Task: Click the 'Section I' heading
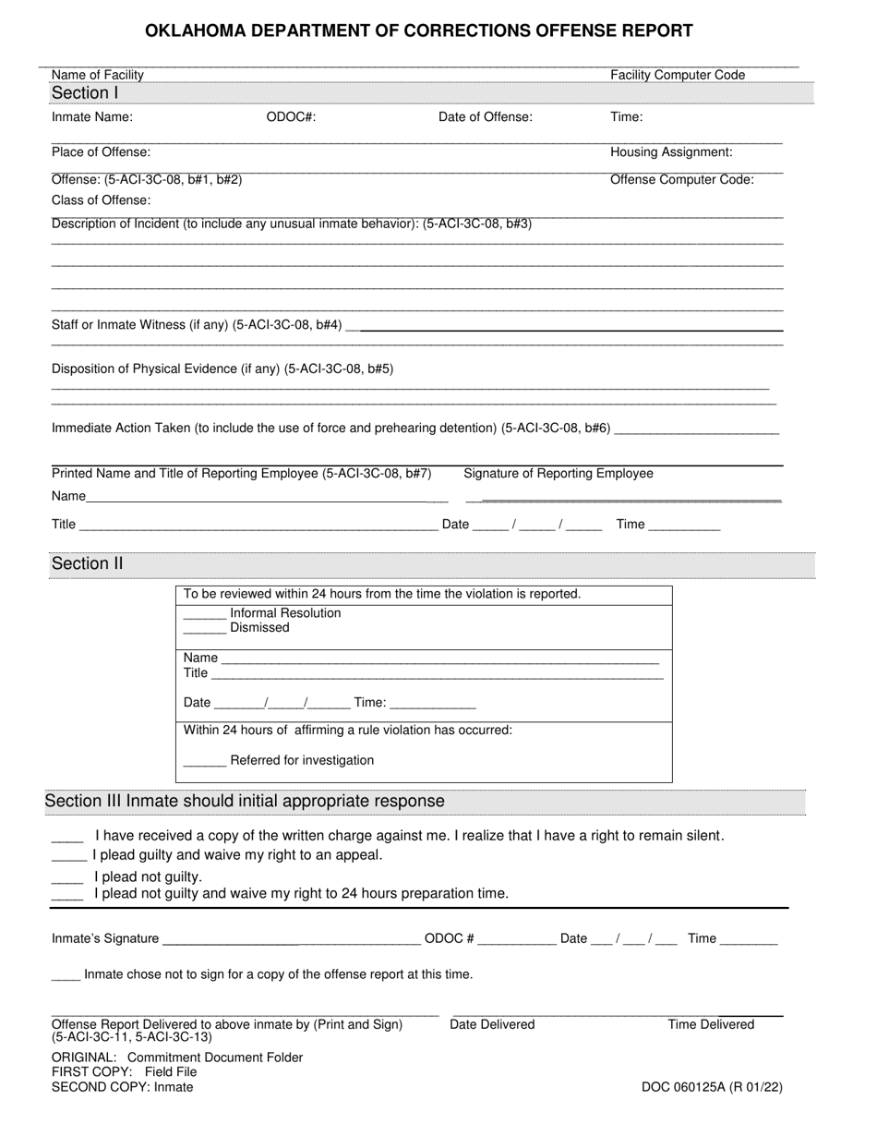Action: [x=85, y=92]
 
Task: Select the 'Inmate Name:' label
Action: [x=92, y=117]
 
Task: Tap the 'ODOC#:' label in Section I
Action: [x=291, y=117]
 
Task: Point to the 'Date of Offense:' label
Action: [x=485, y=117]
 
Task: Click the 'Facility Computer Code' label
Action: [x=678, y=75]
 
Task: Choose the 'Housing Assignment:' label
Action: [x=671, y=152]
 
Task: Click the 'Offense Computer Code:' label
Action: [x=681, y=180]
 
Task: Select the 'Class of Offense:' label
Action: [x=102, y=200]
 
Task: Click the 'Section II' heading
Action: [x=87, y=563]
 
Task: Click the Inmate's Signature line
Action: [x=291, y=941]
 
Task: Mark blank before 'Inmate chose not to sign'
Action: [x=66, y=977]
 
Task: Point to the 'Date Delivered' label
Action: [x=492, y=1024]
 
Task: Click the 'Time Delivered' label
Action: [x=711, y=1024]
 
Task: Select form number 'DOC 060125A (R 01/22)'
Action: [x=712, y=1087]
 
